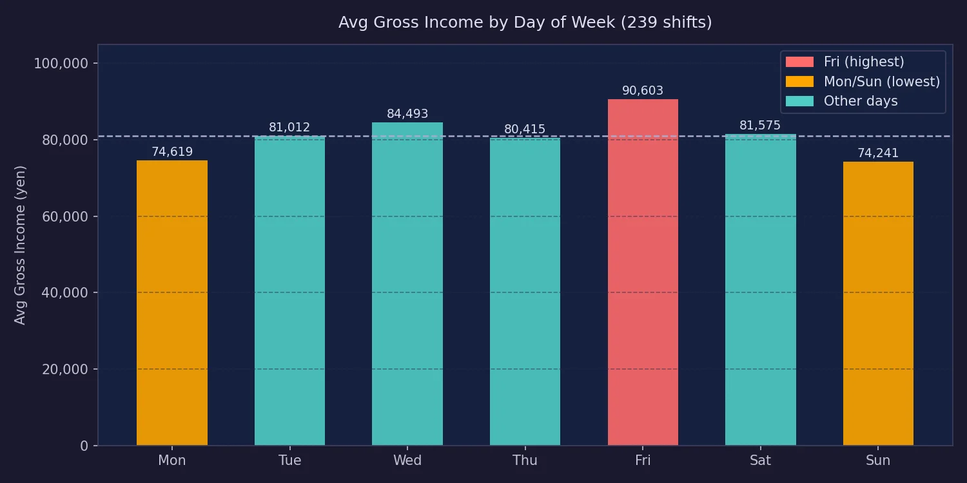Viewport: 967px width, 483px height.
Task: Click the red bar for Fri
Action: (x=643, y=272)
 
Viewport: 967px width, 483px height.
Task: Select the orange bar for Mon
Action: (x=172, y=303)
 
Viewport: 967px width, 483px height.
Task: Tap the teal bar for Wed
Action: (x=407, y=283)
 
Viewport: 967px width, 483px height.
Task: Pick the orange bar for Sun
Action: (x=878, y=303)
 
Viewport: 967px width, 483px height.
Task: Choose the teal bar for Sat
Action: (x=761, y=289)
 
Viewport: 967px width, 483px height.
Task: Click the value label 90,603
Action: (x=643, y=91)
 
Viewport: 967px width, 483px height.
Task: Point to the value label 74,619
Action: (x=172, y=152)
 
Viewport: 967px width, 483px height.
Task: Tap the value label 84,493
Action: (x=407, y=114)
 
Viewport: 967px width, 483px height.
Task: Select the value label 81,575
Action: (x=760, y=126)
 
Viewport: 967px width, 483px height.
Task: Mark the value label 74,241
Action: (x=878, y=153)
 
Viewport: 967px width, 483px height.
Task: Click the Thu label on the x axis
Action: (x=525, y=460)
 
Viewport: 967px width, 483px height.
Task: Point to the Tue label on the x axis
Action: (x=289, y=460)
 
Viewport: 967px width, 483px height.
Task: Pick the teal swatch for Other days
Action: (x=799, y=101)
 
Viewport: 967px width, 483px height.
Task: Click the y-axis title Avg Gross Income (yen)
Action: (x=21, y=245)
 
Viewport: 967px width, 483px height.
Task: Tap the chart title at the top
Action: (x=525, y=23)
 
